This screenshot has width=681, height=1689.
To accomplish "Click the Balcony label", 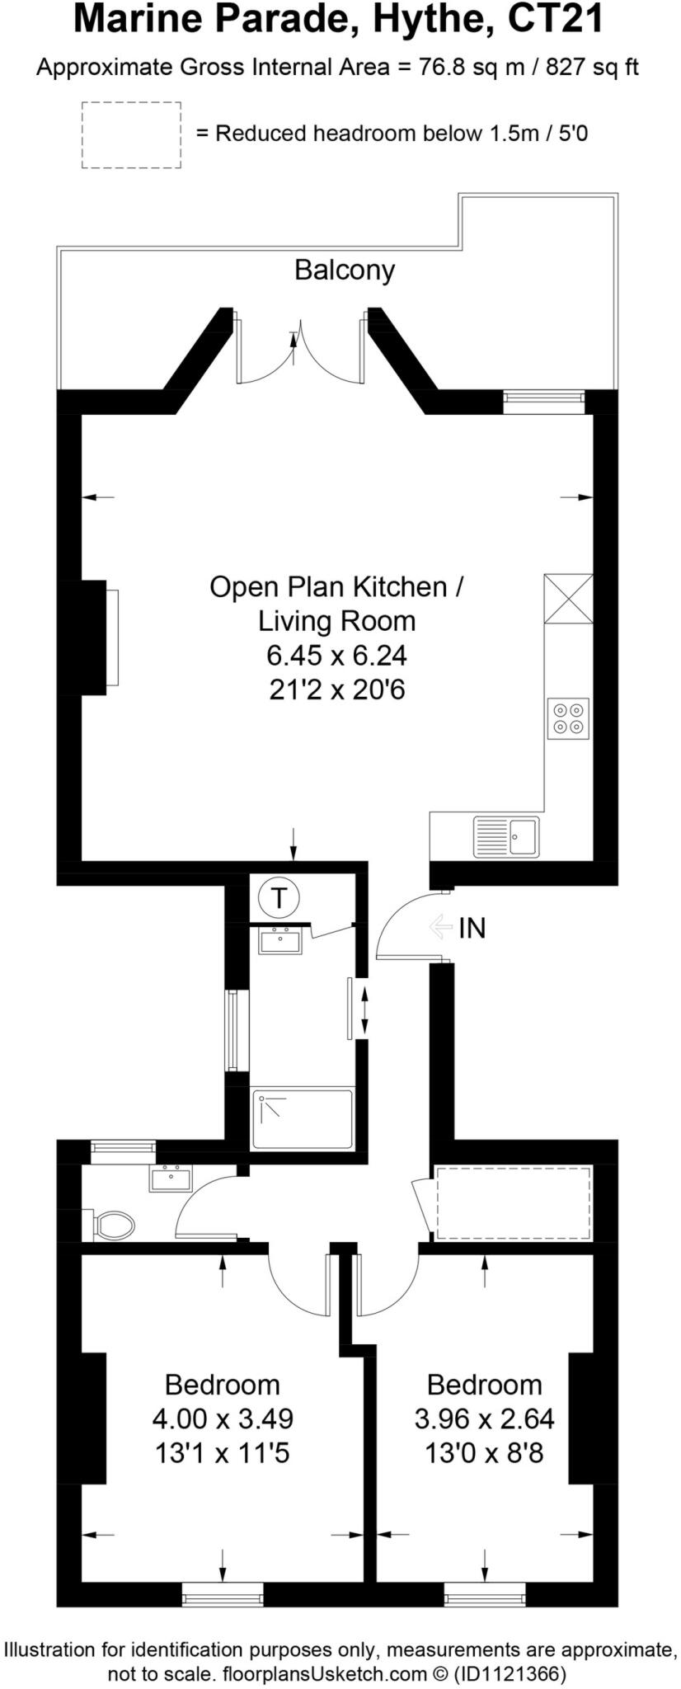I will (x=345, y=270).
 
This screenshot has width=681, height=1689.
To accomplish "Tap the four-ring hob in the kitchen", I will (x=568, y=718).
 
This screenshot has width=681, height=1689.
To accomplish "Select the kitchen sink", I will (x=505, y=836).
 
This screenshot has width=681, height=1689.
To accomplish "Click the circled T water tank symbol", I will (x=279, y=897).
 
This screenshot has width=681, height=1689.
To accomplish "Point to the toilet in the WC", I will (x=114, y=1225).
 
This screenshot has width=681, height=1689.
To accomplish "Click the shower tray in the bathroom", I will (x=303, y=1119).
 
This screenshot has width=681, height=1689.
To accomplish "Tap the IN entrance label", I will (x=472, y=929).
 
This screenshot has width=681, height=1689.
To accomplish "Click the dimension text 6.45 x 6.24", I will (x=336, y=656).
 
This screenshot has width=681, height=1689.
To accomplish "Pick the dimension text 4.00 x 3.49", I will (x=223, y=1418).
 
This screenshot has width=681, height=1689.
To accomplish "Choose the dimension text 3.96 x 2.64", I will (x=484, y=1418).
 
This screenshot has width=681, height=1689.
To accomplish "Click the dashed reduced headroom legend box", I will (x=131, y=135).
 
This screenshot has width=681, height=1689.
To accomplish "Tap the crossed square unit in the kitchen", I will (x=568, y=599).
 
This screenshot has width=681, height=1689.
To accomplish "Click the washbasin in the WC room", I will (x=171, y=1179).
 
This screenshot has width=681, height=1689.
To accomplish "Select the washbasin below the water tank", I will (x=280, y=940).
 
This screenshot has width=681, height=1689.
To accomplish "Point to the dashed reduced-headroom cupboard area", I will (x=513, y=1202).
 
